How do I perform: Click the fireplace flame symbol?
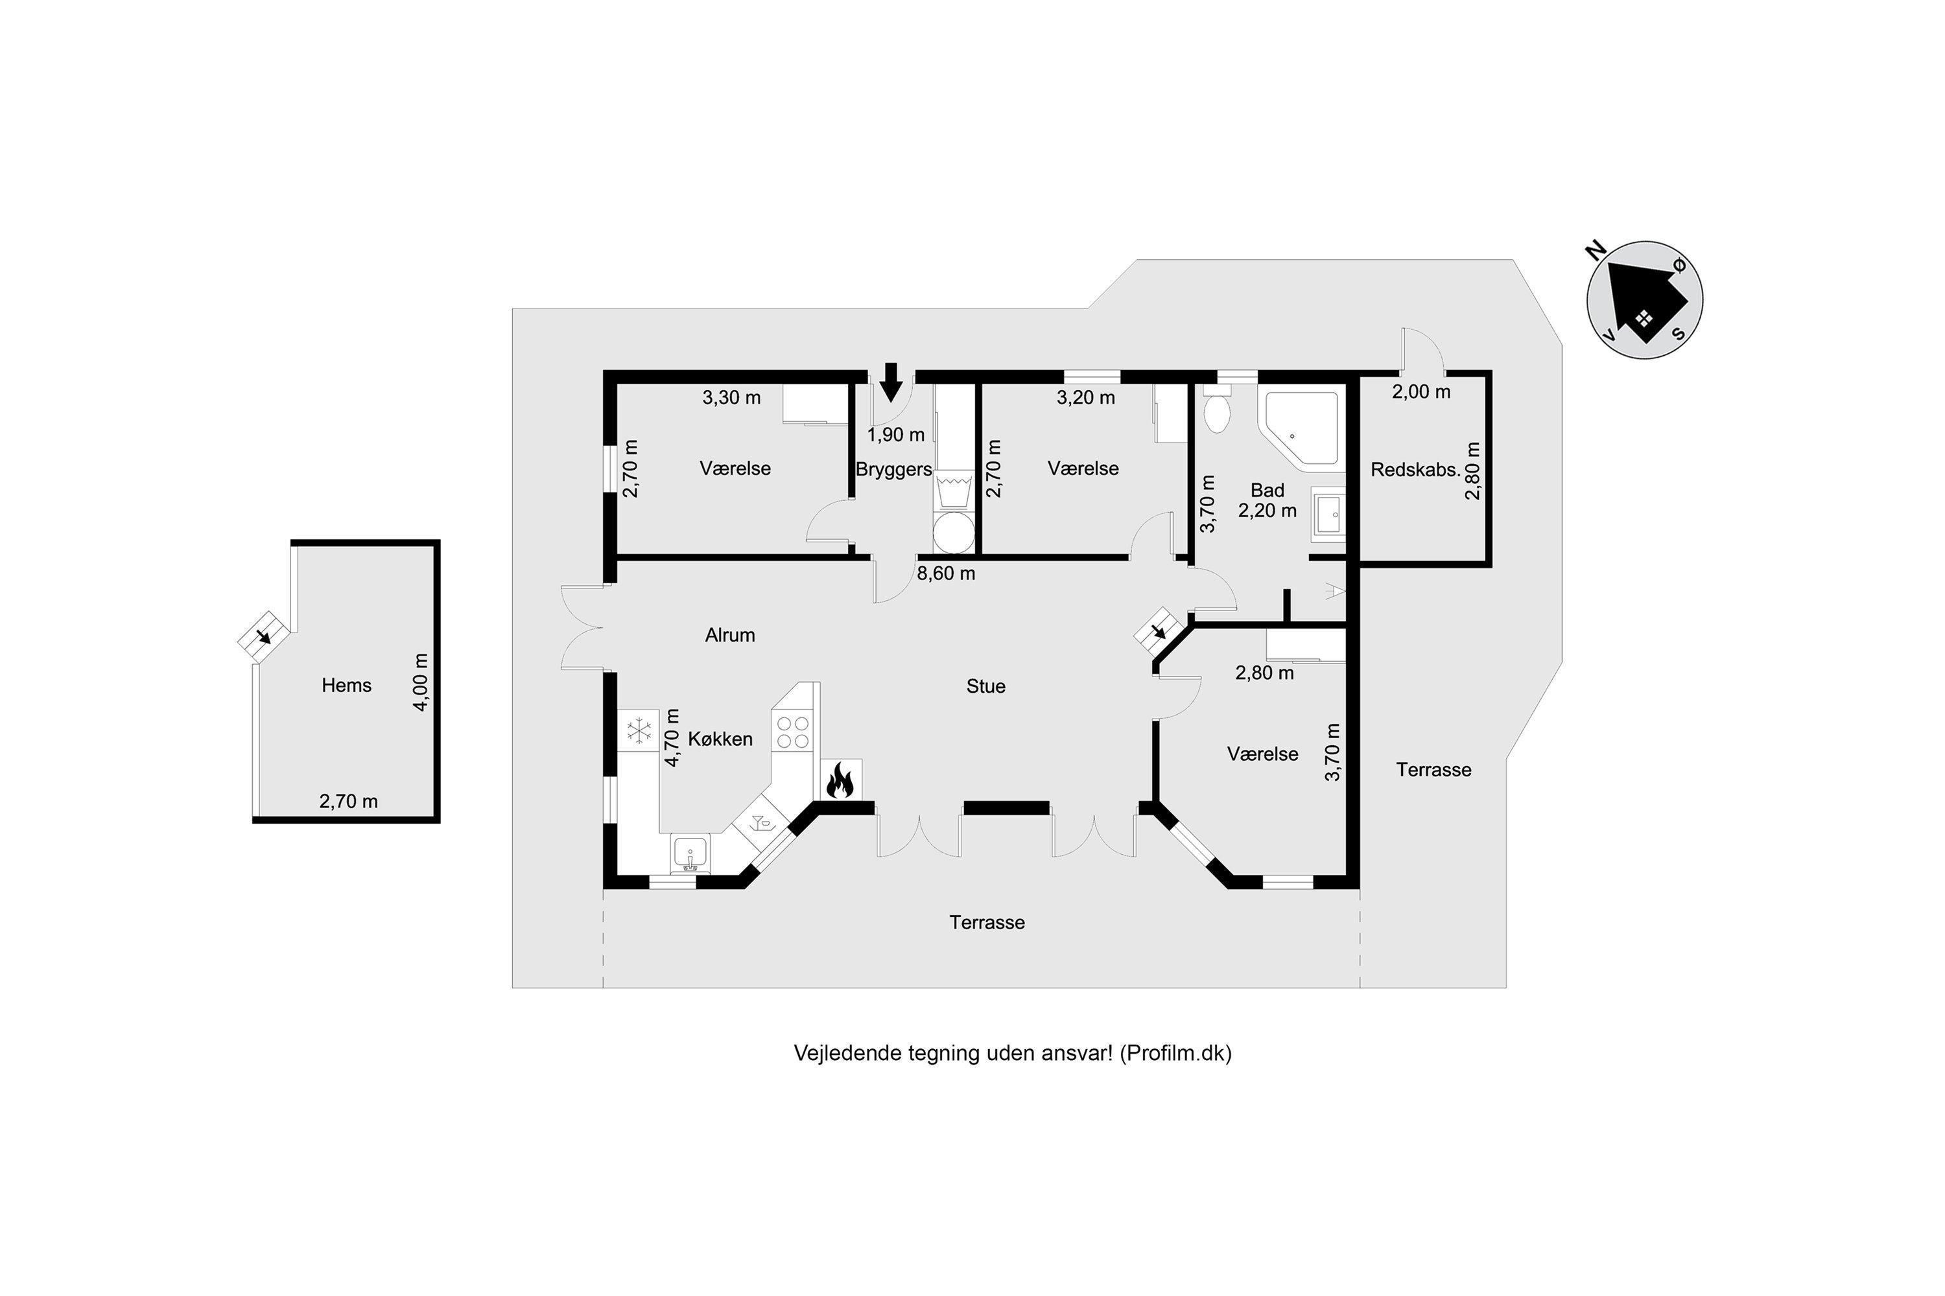pos(840,781)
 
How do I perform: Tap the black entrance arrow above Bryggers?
pos(891,382)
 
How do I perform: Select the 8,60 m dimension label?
pos(946,573)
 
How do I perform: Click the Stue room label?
pos(985,686)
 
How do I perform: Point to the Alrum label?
pos(730,635)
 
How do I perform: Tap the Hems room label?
pos(346,685)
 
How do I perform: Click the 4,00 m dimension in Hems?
pos(421,682)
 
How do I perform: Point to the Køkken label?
pos(720,739)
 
